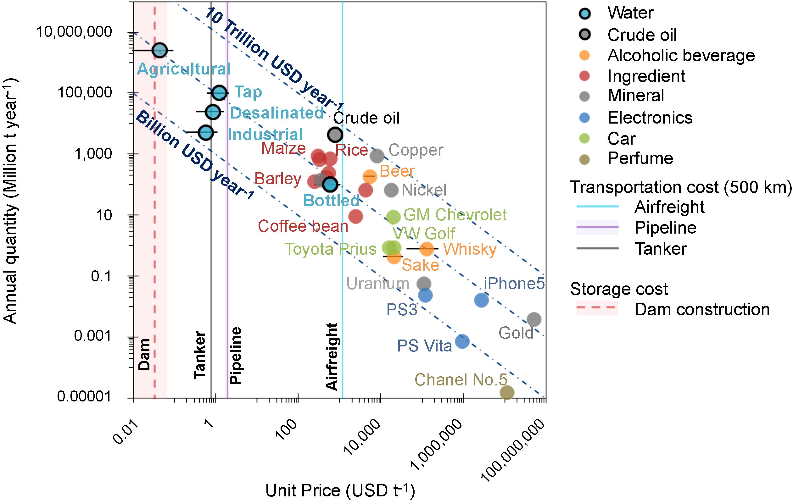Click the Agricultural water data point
tap(160, 50)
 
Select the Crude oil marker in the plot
tap(335, 134)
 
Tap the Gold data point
tap(534, 319)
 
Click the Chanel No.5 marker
tap(507, 392)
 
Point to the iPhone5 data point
tap(481, 300)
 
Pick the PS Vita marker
tap(462, 341)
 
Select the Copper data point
tap(377, 156)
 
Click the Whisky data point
tap(427, 249)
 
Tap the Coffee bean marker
tap(356, 217)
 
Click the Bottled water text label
tap(331, 201)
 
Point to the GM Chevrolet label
tap(455, 215)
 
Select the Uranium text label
tap(377, 284)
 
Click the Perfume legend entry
tap(640, 158)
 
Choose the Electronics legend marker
tap(584, 118)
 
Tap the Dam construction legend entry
tap(702, 309)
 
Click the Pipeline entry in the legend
tap(665, 228)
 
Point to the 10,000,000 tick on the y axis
tap(74, 32)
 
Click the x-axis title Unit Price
tap(340, 490)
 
